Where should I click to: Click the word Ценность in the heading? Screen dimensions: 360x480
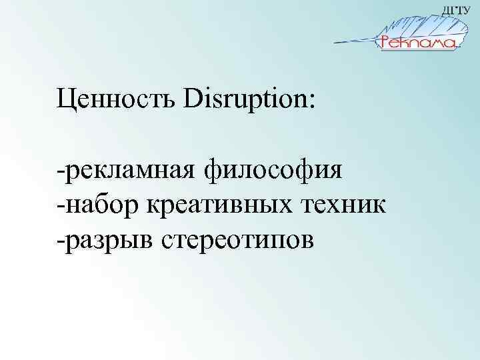[114, 101]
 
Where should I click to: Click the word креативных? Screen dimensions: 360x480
[213, 204]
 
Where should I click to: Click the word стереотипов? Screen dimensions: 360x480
[236, 237]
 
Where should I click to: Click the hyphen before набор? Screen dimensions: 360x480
[61, 205]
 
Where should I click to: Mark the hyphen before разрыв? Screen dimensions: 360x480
[61, 238]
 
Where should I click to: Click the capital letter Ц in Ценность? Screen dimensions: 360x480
[65, 101]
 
